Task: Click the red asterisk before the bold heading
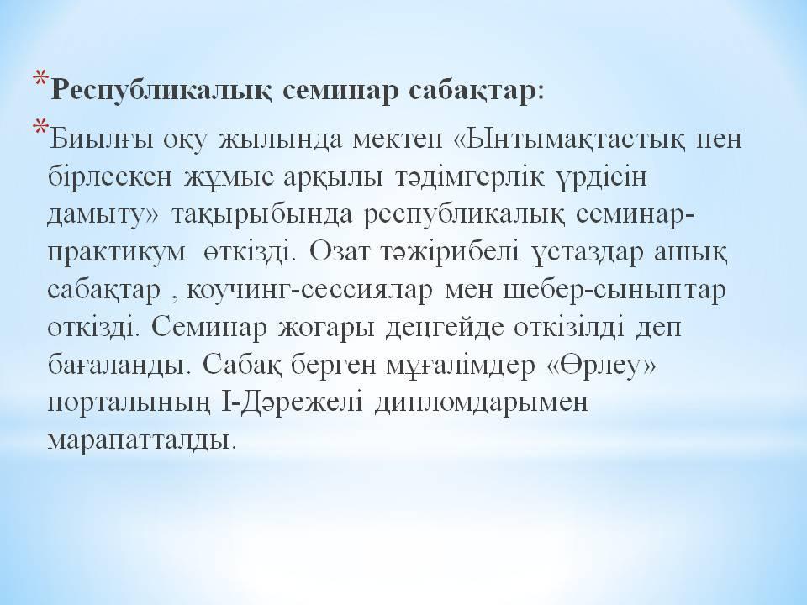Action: tap(41, 79)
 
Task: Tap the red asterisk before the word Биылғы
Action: tap(41, 128)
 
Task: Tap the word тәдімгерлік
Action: tap(468, 177)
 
